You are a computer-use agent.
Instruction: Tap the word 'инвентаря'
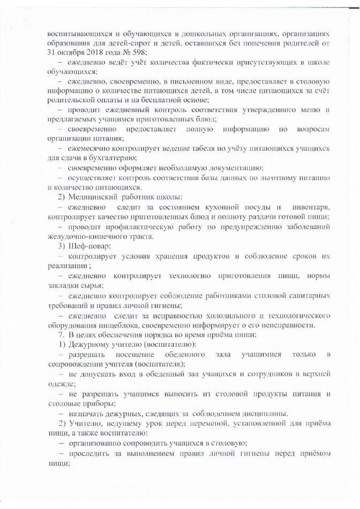pos(311,207)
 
